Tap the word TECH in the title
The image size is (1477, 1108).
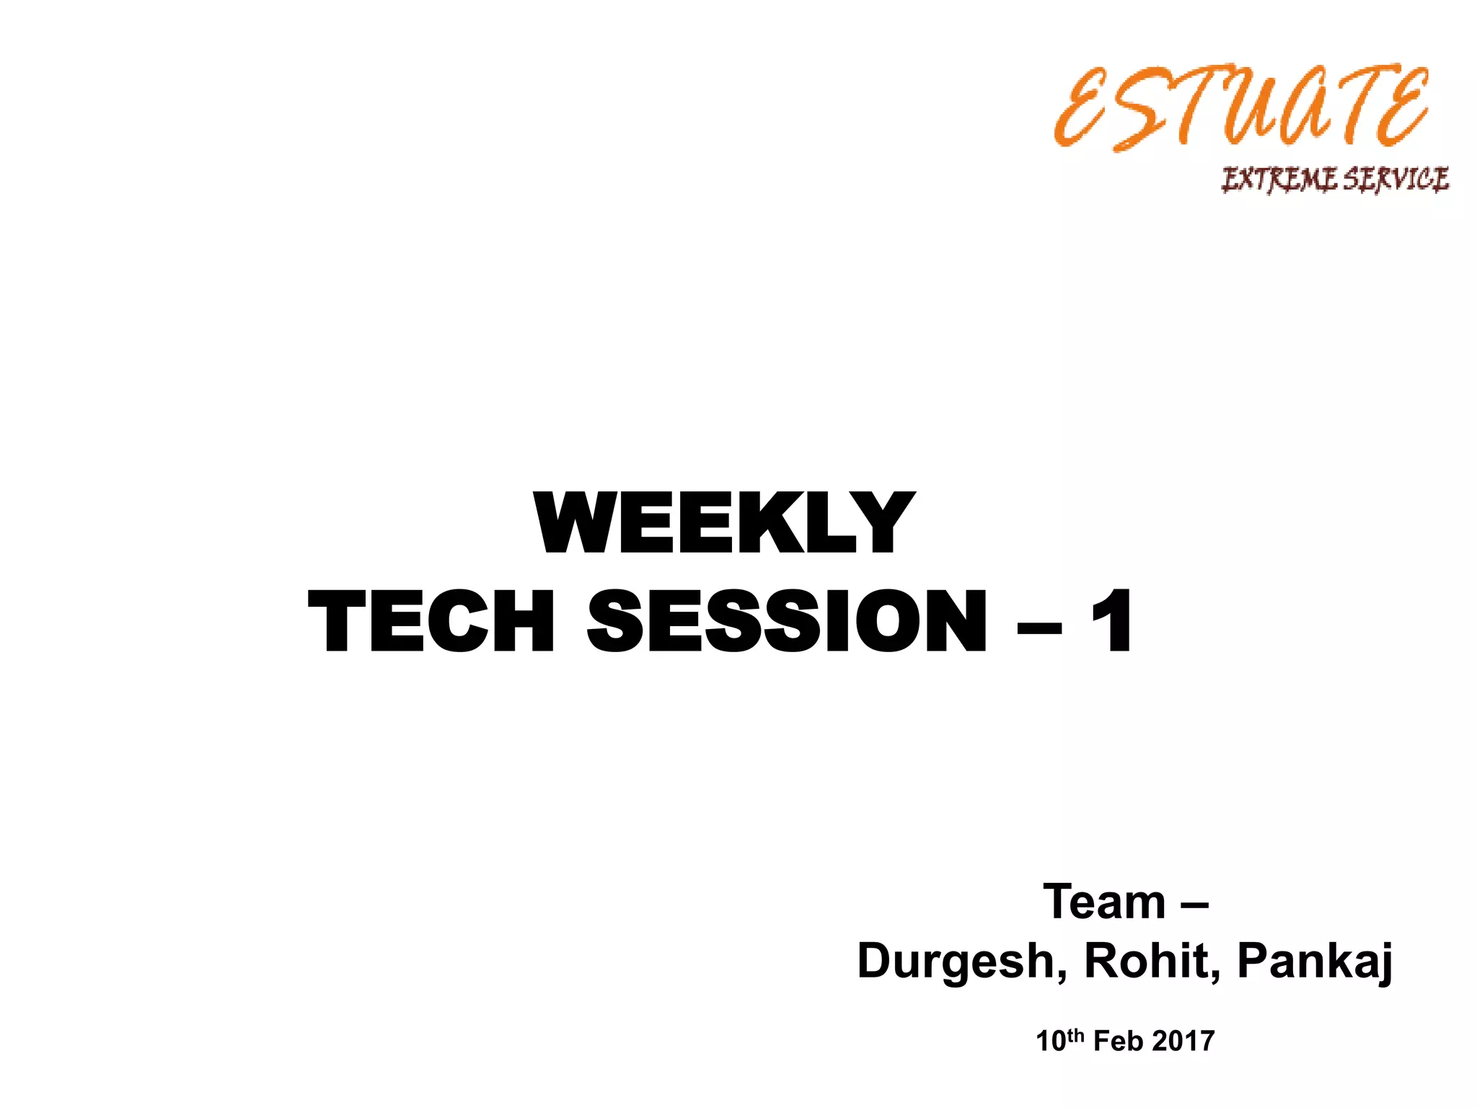click(431, 622)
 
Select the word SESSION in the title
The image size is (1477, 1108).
click(787, 622)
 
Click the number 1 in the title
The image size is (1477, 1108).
click(1111, 622)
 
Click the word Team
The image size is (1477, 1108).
click(1104, 902)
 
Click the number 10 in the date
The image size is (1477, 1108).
click(1051, 1042)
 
